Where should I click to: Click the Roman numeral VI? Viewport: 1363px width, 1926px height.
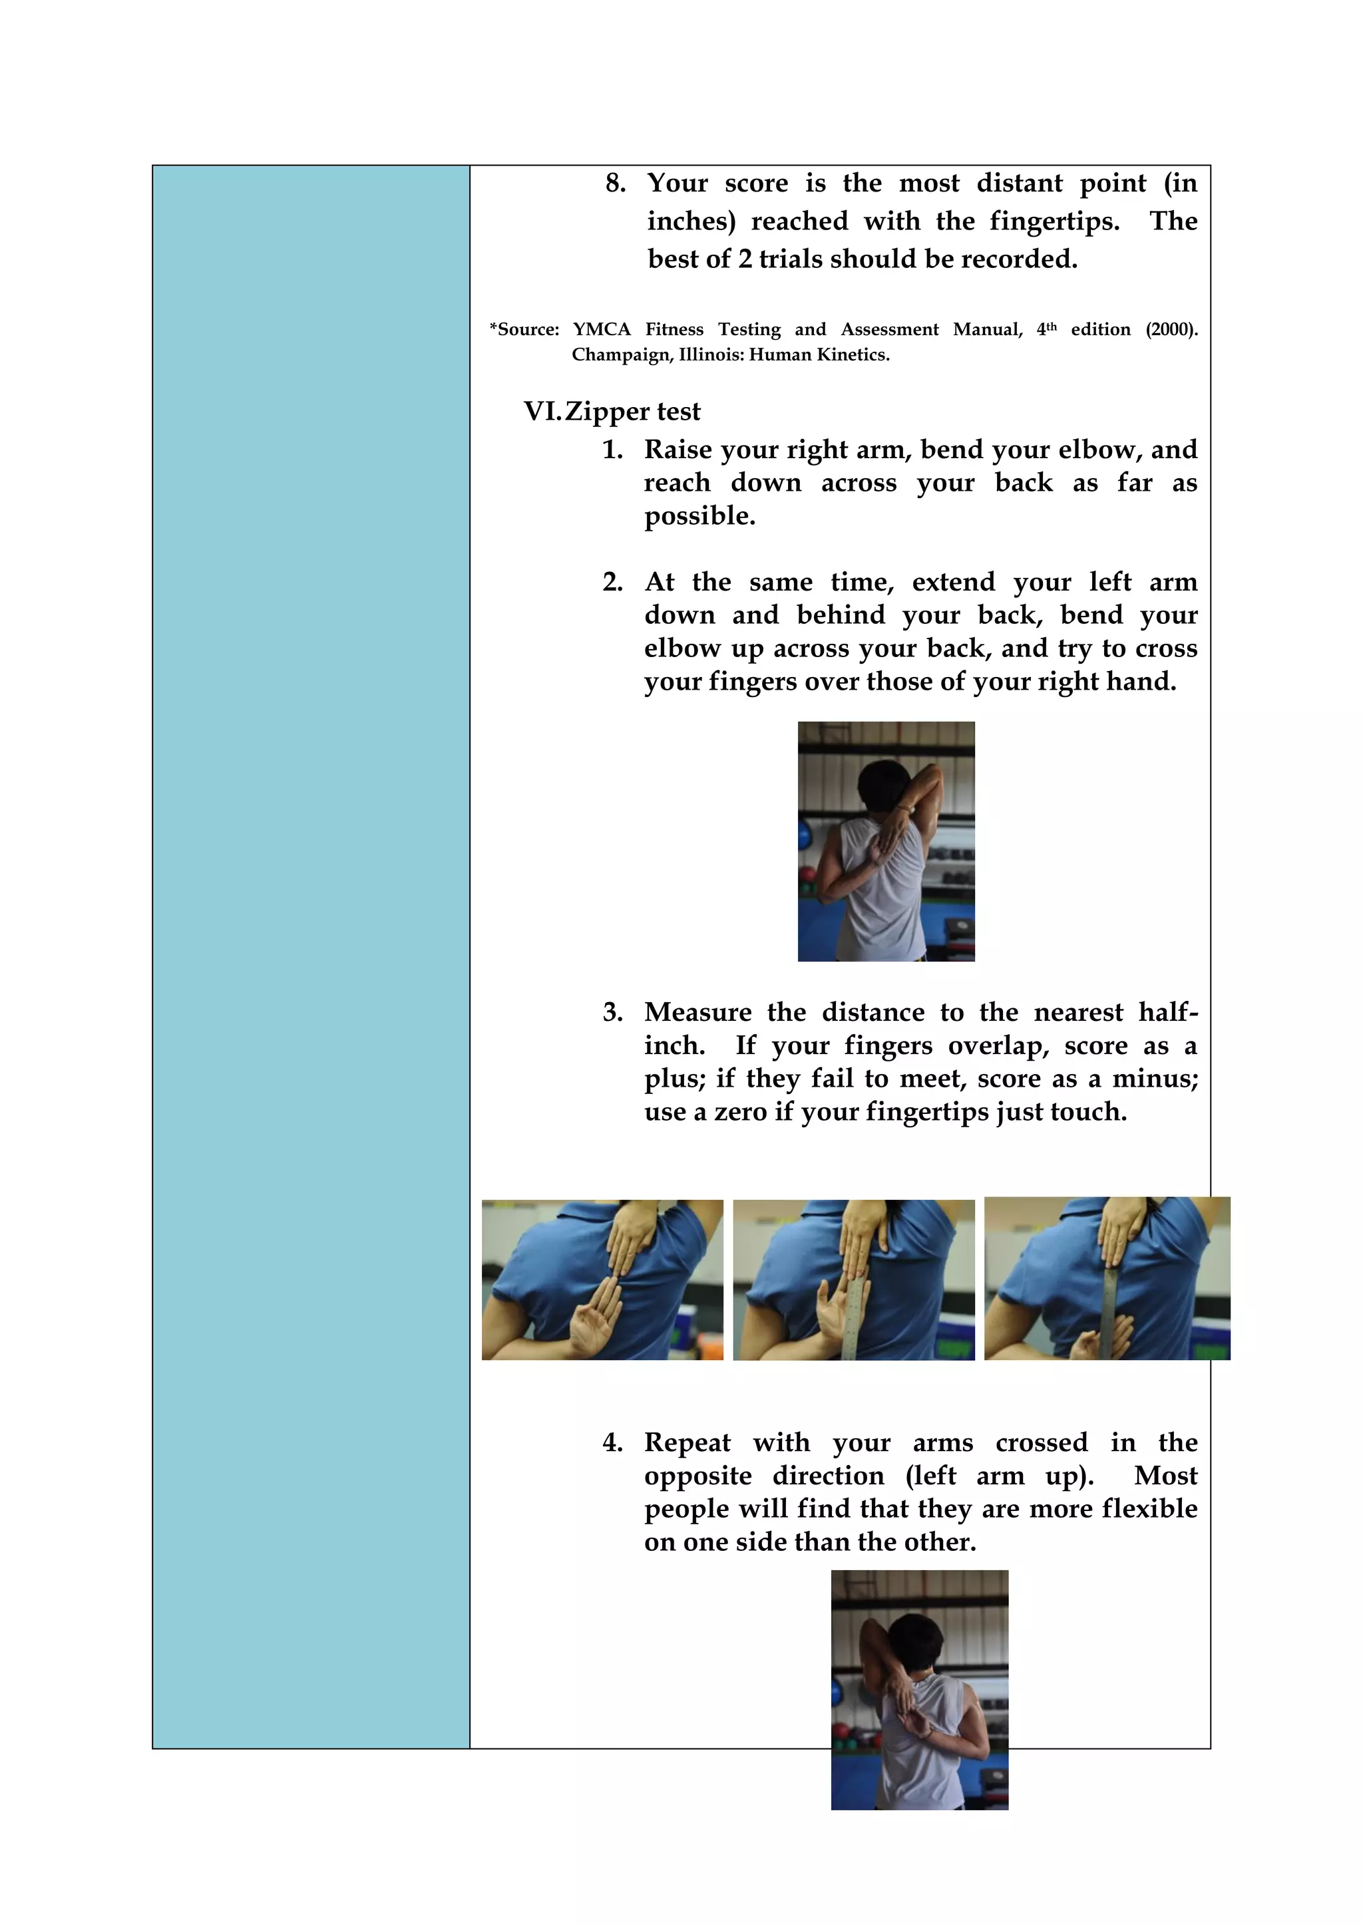pyautogui.click(x=540, y=412)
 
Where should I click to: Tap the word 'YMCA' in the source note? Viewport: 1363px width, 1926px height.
pyautogui.click(x=601, y=330)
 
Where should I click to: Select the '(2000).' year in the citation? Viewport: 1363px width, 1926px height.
pyautogui.click(x=1171, y=330)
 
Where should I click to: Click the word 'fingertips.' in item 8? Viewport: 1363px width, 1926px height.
pyautogui.click(x=1054, y=221)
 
